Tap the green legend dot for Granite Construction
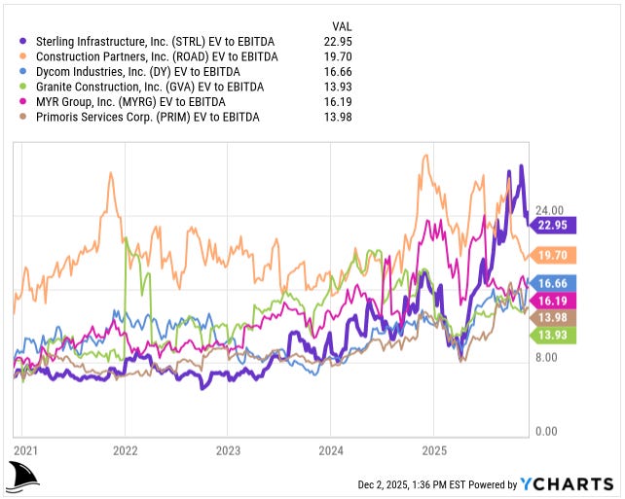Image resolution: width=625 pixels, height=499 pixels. pyautogui.click(x=23, y=87)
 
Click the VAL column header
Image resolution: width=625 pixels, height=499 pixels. pyautogui.click(x=342, y=26)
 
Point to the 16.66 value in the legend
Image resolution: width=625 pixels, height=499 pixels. pyautogui.click(x=338, y=71)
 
